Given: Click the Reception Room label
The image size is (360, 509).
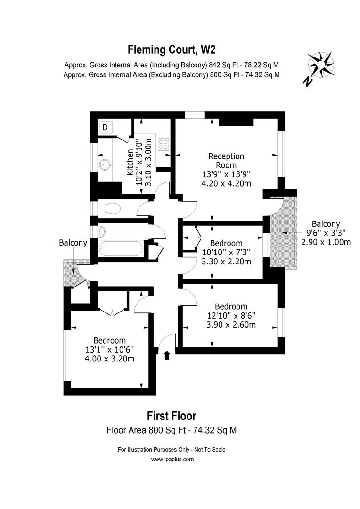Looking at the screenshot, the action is [226, 160].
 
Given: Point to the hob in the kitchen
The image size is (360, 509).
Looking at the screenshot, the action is [164, 144].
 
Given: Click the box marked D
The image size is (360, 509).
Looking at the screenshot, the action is [105, 127].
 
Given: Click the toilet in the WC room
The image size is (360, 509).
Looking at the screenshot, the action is [111, 207].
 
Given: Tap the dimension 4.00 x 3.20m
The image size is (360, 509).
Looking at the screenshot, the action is [109, 359].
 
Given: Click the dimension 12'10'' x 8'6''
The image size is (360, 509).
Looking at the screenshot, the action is [231, 315].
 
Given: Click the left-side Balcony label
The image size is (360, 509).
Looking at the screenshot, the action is [73, 243].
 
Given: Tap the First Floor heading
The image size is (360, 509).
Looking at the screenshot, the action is [172, 416].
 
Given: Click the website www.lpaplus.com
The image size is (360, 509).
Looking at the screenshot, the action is [172, 459].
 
